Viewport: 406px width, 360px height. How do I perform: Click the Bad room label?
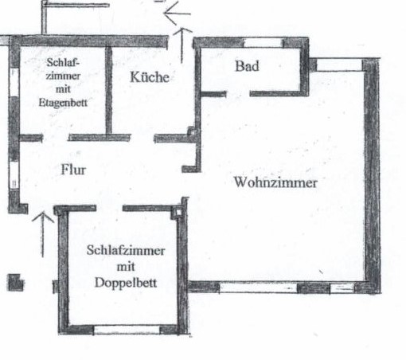[247, 66]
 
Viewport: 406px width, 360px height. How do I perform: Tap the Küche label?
[150, 77]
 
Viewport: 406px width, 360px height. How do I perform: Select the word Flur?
[73, 170]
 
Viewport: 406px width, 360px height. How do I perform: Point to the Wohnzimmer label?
[275, 182]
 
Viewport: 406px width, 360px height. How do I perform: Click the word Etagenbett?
[63, 103]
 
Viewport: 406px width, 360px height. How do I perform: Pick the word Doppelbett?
[126, 283]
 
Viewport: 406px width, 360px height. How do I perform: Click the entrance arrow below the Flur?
[42, 234]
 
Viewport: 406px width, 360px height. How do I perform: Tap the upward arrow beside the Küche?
[182, 45]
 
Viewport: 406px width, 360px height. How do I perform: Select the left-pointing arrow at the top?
[177, 14]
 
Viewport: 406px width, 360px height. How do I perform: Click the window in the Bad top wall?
[264, 43]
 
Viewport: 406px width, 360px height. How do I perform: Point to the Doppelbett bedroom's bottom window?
[127, 330]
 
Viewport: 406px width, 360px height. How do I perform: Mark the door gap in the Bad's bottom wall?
[238, 94]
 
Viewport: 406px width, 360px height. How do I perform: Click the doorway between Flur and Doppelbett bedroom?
[109, 209]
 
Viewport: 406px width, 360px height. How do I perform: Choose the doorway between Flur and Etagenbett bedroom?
[56, 138]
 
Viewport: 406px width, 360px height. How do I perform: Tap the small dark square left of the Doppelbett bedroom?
[15, 283]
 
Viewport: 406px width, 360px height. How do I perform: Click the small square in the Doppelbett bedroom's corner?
[178, 213]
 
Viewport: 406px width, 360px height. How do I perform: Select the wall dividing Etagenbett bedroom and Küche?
[109, 91]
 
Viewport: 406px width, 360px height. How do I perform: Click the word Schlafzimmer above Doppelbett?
[126, 251]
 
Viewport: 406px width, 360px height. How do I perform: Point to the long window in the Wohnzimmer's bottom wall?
[258, 288]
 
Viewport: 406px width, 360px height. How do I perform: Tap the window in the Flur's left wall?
[14, 175]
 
